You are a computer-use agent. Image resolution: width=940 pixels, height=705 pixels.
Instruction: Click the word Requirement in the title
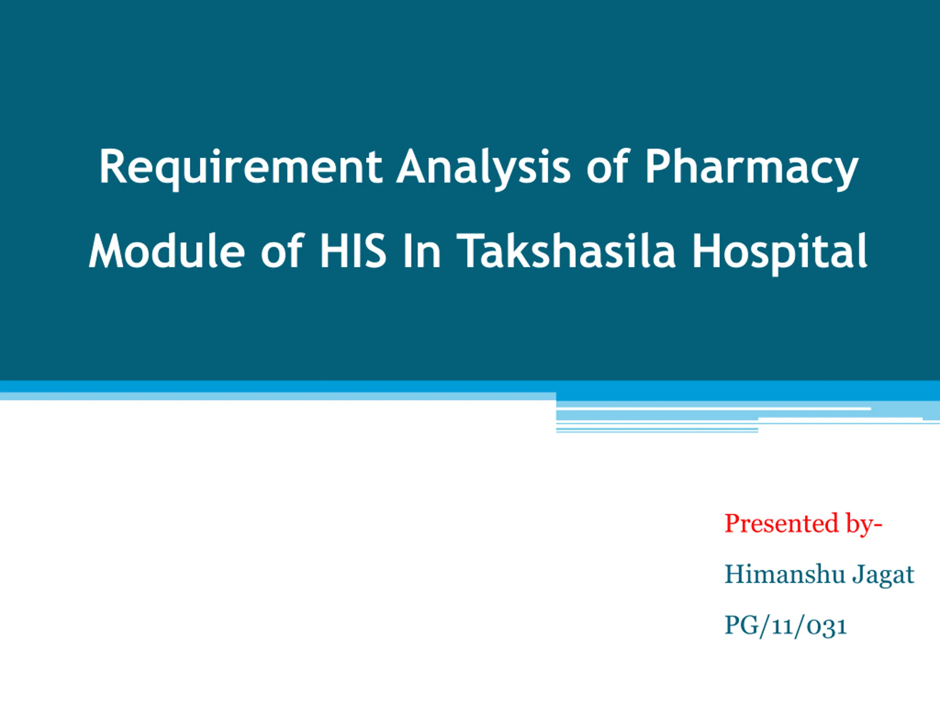pos(241,168)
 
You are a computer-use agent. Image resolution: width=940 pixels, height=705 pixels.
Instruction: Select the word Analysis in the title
pos(483,168)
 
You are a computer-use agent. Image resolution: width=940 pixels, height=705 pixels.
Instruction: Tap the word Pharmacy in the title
pos(752,168)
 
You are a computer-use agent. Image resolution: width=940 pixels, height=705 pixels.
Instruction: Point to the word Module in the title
pos(167,251)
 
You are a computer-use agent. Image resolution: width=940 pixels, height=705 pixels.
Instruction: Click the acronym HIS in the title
pos(353,251)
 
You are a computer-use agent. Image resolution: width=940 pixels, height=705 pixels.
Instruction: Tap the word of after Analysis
pos(607,166)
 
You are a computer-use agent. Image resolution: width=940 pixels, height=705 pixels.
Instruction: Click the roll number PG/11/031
pos(785,626)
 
